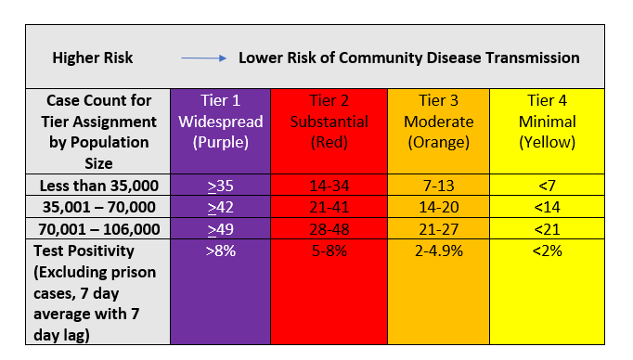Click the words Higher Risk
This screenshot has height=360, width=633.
93,58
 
